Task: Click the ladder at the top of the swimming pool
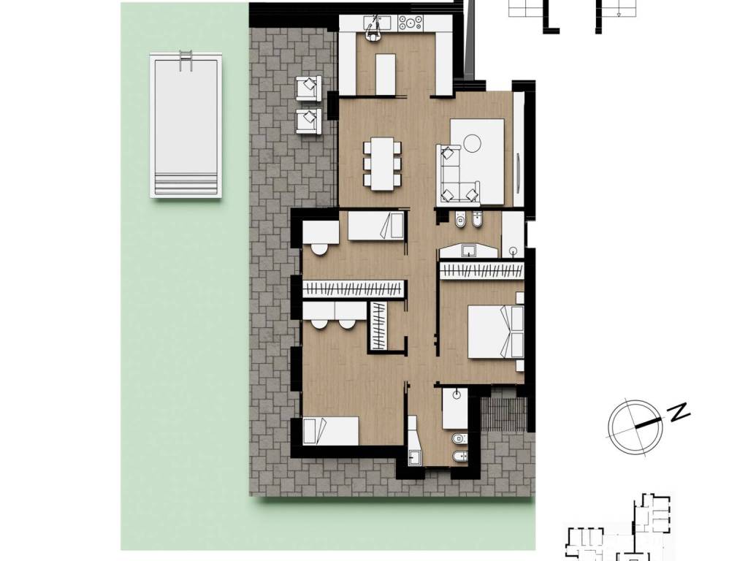pyautogui.click(x=186, y=61)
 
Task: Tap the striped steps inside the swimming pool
pyautogui.click(x=186, y=184)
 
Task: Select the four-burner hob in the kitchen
pyautogui.click(x=411, y=21)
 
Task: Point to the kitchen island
pyautogui.click(x=386, y=75)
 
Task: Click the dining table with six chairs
pyautogui.click(x=382, y=164)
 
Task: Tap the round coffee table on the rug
pyautogui.click(x=473, y=142)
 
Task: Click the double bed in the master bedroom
pyautogui.click(x=496, y=332)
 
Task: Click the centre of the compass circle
pyautogui.click(x=636, y=426)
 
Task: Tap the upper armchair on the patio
pyautogui.click(x=309, y=88)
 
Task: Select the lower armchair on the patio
pyautogui.click(x=309, y=121)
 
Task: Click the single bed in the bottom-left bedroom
pyautogui.click(x=331, y=431)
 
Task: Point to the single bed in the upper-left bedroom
pyautogui.click(x=376, y=226)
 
